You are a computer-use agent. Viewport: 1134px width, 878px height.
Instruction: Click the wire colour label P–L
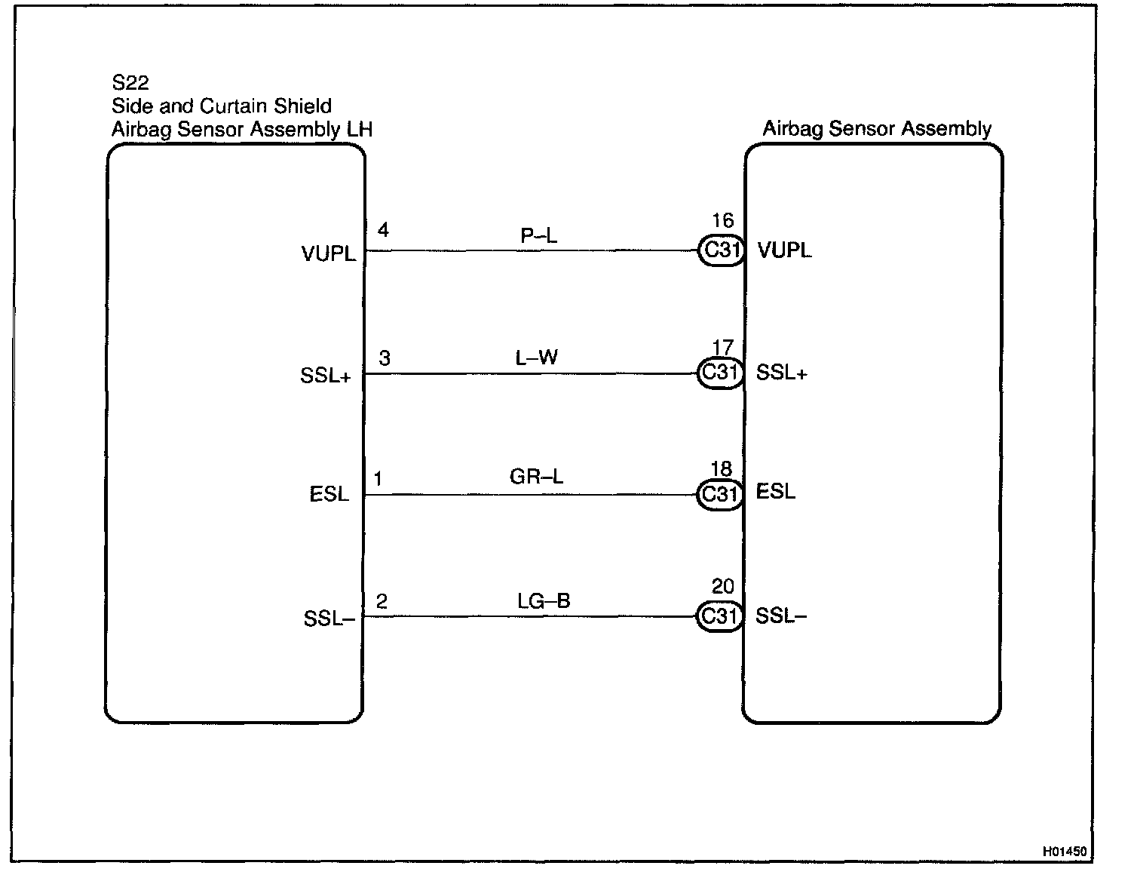coord(538,236)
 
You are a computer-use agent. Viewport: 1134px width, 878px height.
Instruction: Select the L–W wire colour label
coord(536,358)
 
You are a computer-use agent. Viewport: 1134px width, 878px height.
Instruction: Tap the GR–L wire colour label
coord(536,477)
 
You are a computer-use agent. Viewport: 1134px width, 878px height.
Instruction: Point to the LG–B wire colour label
coord(543,600)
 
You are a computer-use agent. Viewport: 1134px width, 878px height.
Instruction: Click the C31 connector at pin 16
coord(721,250)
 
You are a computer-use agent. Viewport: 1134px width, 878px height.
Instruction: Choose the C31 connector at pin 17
coord(720,373)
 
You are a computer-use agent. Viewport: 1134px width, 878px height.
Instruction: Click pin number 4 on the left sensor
coord(383,230)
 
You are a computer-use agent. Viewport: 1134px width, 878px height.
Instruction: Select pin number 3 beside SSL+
coord(385,358)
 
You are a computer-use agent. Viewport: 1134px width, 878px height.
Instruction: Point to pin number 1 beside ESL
coord(378,479)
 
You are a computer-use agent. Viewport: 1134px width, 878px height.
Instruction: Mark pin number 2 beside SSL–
coord(382,601)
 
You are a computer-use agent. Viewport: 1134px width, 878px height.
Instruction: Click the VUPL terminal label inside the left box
coord(328,254)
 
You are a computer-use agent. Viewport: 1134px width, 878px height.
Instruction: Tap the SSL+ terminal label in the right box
coord(781,373)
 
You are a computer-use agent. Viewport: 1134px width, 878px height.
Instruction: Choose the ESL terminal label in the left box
coord(329,495)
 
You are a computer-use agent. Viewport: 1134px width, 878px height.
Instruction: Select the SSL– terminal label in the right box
coord(781,616)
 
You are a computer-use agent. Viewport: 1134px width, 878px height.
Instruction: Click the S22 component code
coord(130,81)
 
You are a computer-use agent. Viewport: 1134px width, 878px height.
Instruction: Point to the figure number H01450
coord(1065,852)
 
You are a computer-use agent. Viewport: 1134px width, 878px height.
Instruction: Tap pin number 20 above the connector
coord(722,586)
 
